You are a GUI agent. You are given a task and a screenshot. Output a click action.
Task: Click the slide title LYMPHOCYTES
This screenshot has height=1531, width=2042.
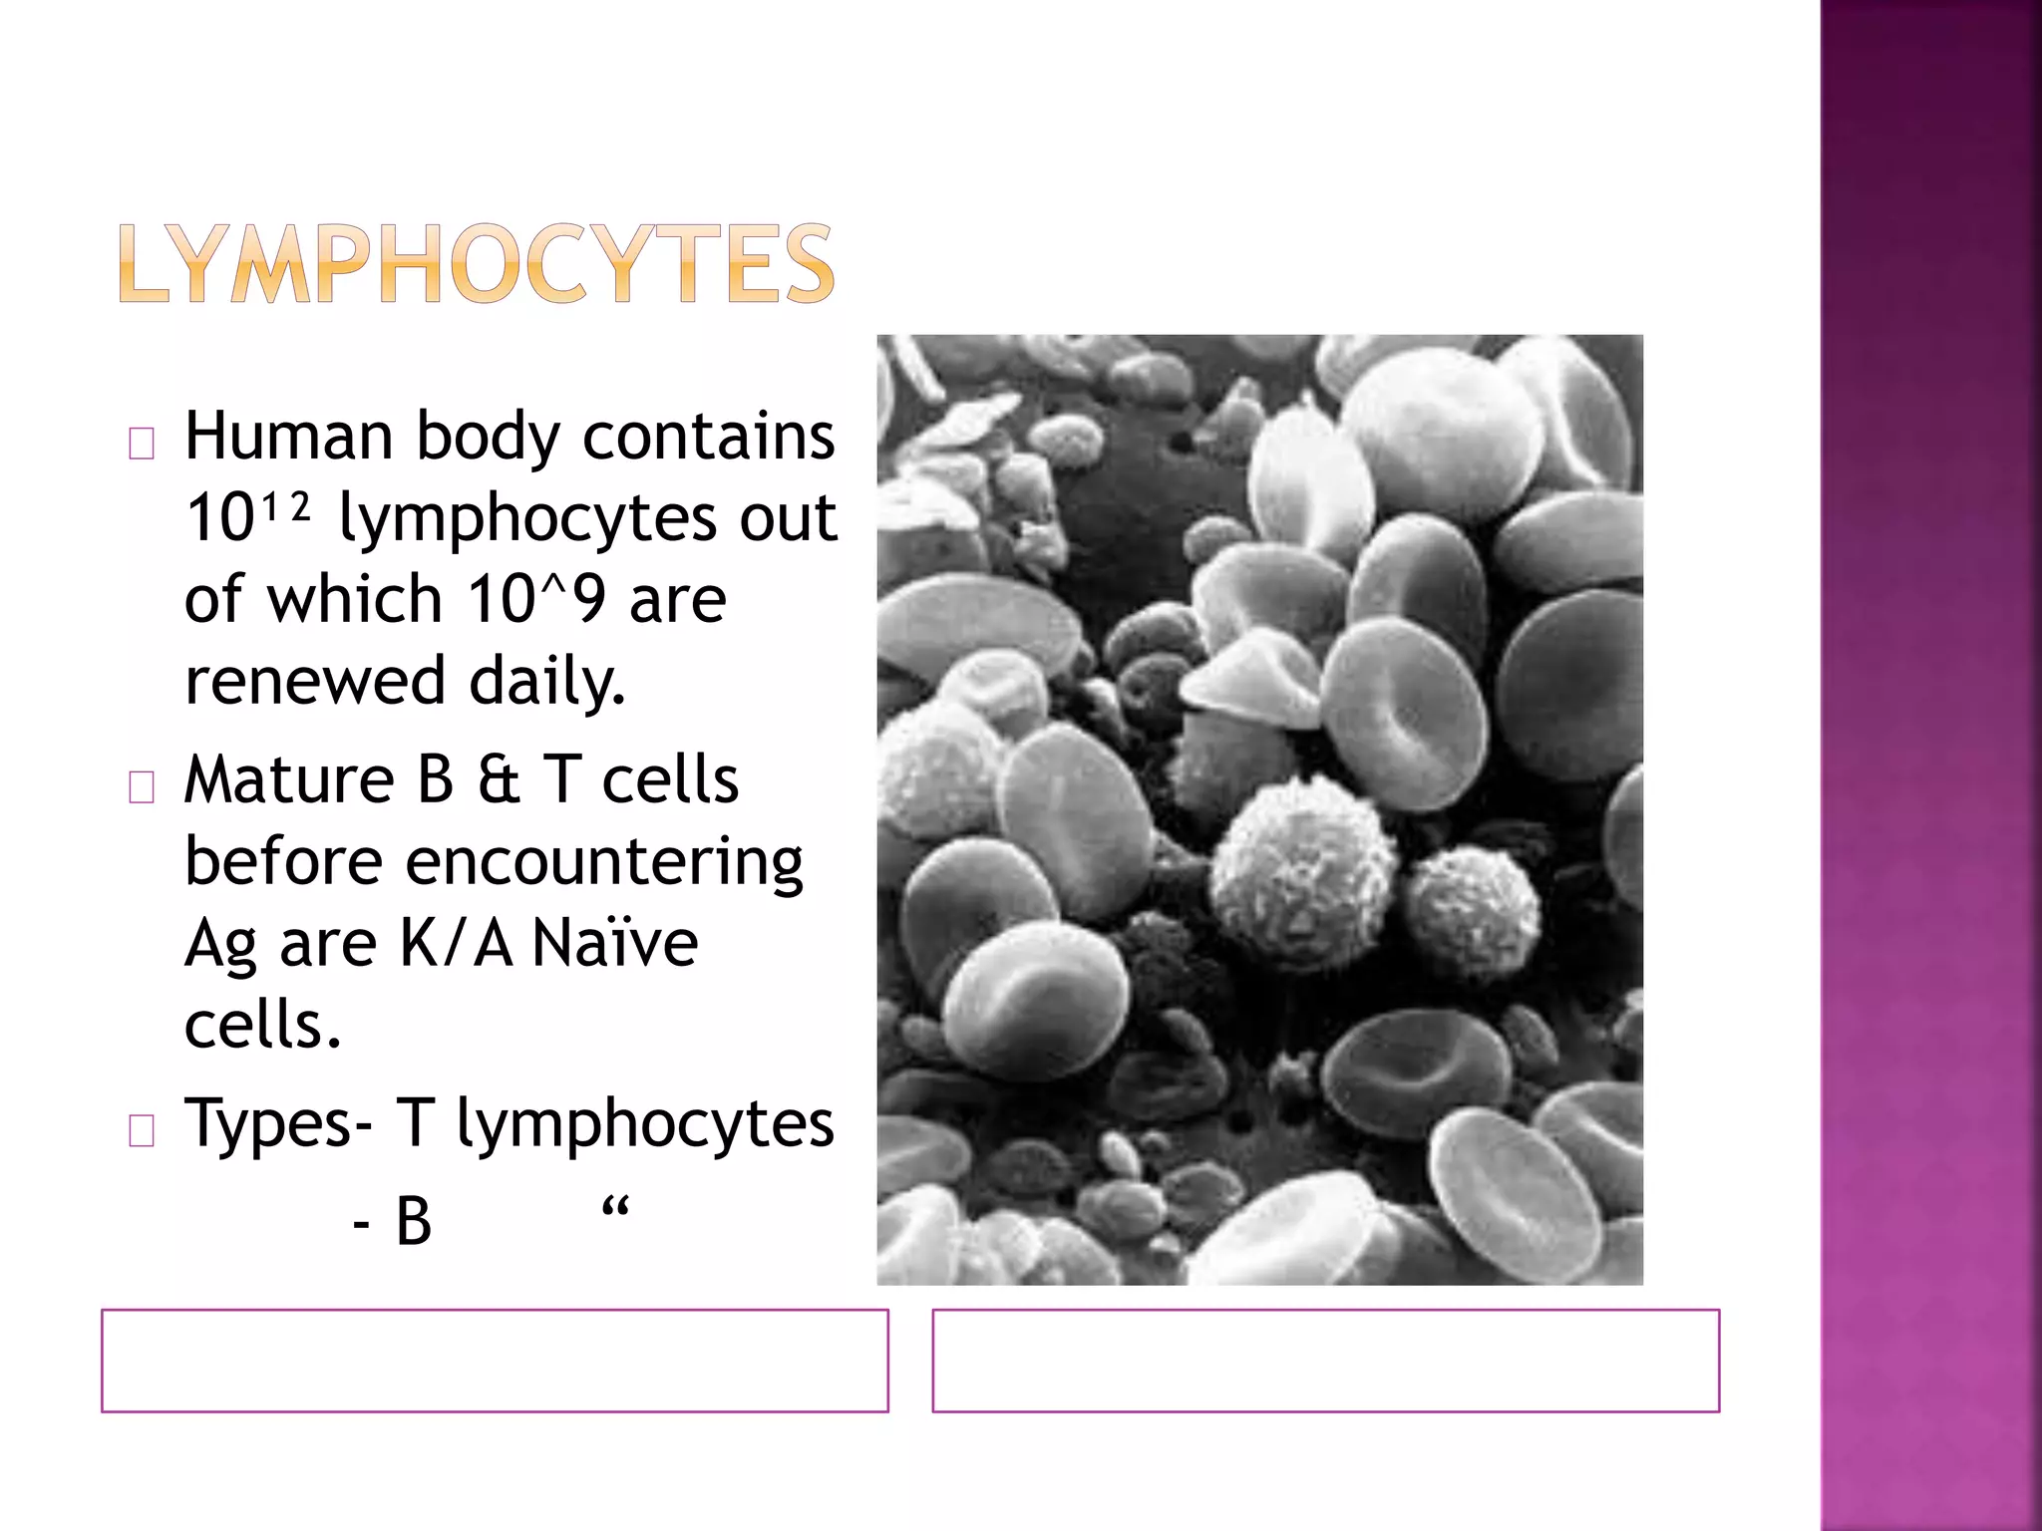click(476, 263)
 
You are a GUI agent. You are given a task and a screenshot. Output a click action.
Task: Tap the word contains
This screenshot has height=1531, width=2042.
click(708, 437)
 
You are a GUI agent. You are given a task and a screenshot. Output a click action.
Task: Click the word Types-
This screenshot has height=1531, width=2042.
click(279, 1124)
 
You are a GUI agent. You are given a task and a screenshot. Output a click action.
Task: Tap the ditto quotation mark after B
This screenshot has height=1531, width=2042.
click(615, 1209)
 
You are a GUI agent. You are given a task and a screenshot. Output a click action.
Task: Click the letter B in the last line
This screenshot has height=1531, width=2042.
click(414, 1222)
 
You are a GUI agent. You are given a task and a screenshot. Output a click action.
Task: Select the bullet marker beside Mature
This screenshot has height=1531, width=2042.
click(142, 788)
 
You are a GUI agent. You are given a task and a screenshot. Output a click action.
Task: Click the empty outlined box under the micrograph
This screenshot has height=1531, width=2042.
click(1325, 1361)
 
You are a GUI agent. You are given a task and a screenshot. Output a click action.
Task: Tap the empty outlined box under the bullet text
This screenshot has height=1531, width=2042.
click(495, 1361)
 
